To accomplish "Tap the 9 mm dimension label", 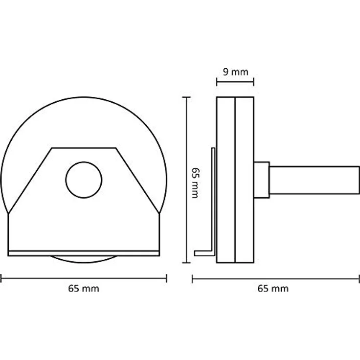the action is (236, 72).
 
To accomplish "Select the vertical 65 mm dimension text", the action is (195, 183).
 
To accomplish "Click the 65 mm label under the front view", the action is (84, 289).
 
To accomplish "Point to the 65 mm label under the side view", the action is (273, 289).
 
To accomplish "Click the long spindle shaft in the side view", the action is (315, 180).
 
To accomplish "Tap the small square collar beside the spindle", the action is (262, 180).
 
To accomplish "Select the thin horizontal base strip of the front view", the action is (84, 253).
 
